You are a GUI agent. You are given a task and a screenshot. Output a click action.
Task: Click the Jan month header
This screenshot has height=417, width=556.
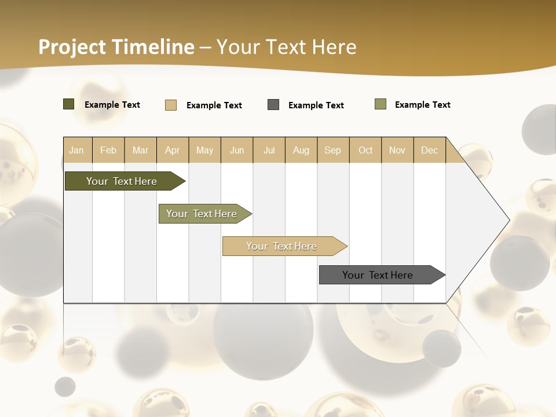[76, 150]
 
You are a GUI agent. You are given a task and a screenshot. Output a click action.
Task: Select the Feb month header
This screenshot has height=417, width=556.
[108, 150]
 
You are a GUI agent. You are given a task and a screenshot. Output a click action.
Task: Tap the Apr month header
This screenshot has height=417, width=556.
[173, 150]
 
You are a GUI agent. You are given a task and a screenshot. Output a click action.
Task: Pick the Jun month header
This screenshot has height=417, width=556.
[237, 150]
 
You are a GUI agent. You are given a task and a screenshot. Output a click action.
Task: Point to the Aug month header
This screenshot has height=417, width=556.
[301, 150]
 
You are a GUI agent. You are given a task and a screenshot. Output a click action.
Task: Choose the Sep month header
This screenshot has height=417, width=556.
[332, 150]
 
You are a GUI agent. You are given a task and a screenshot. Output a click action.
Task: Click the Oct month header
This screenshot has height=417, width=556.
[365, 150]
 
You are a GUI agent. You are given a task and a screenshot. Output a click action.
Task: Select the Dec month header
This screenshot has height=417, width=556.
[430, 150]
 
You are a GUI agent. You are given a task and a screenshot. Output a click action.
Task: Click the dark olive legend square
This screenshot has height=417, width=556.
[69, 104]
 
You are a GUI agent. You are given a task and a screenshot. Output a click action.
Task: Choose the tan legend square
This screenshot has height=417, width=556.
[171, 105]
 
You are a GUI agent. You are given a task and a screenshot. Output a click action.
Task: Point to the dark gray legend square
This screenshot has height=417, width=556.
[273, 105]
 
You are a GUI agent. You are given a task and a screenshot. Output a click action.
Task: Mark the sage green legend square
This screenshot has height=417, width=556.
[381, 104]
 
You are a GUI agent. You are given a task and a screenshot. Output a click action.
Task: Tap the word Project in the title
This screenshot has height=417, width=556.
[72, 47]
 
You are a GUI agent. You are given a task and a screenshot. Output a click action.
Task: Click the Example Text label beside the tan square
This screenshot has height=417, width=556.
[214, 105]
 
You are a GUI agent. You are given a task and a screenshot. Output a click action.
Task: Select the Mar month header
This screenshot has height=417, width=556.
[141, 150]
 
